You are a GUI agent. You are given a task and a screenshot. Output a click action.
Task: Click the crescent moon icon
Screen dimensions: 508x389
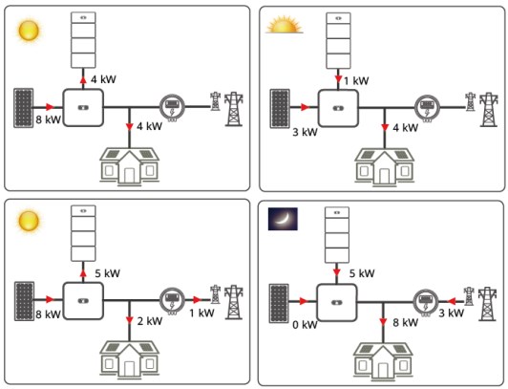283,219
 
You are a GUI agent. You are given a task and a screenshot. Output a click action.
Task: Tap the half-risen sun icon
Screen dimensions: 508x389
285,25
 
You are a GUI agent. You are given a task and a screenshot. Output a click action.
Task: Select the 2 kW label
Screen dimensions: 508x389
150,321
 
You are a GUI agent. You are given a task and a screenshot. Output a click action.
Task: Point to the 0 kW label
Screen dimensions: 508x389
305,325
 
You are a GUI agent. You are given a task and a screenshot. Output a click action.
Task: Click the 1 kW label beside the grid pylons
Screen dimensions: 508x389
201,313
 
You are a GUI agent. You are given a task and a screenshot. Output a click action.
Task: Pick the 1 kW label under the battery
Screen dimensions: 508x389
356,80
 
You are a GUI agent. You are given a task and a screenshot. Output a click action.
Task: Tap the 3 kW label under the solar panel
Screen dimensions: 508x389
305,132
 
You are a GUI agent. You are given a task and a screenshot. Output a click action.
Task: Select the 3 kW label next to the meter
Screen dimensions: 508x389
452,313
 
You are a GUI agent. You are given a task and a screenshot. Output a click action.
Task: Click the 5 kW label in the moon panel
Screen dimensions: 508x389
362,273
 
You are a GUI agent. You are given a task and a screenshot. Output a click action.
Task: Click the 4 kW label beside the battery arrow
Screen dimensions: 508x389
103,79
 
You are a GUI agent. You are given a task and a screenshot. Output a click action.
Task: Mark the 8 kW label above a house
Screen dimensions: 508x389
405,322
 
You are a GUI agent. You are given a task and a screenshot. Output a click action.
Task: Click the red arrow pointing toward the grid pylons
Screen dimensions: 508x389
197,300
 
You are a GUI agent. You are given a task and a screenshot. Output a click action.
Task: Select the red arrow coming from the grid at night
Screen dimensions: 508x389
452,301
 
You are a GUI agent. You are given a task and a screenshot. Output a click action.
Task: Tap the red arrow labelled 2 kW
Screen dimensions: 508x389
130,320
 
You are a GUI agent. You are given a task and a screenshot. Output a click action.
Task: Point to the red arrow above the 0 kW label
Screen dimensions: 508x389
304,301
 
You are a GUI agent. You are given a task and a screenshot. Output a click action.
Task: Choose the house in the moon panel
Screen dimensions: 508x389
383,359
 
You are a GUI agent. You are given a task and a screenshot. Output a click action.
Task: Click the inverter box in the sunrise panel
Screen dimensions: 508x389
338,108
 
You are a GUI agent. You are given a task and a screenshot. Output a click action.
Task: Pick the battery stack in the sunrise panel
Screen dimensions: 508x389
338,40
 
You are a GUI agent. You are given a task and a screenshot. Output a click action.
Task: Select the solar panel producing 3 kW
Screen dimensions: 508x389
280,109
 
